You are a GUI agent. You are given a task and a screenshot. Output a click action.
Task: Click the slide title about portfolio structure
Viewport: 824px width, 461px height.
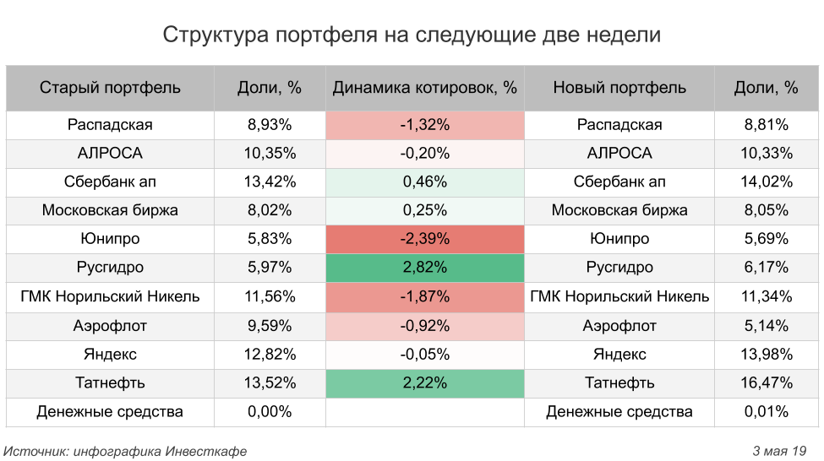click(412, 35)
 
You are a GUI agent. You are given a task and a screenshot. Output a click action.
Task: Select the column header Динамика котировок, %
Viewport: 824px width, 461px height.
click(424, 88)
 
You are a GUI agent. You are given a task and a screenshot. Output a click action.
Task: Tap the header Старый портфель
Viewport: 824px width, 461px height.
click(110, 88)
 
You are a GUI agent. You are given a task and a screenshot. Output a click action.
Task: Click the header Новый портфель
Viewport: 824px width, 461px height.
click(619, 88)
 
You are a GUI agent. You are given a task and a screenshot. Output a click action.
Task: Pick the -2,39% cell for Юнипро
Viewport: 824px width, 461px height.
click(424, 239)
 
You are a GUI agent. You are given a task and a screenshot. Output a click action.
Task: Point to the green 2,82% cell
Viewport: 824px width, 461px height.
click(424, 268)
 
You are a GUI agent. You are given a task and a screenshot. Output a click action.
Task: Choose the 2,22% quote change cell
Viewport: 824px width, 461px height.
click(424, 382)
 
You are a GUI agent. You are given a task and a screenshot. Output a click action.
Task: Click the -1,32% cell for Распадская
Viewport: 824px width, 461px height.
click(424, 125)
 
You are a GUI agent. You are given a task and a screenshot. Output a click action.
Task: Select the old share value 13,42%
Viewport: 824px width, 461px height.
click(270, 182)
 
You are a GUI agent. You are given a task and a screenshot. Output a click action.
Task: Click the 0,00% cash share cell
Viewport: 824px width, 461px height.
click(270, 412)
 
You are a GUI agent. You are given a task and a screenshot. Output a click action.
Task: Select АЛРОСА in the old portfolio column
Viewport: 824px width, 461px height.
click(110, 154)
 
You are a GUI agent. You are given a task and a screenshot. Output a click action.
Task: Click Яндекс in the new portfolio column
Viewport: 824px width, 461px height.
click(619, 354)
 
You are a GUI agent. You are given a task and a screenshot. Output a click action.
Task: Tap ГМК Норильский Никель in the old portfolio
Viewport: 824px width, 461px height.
click(110, 296)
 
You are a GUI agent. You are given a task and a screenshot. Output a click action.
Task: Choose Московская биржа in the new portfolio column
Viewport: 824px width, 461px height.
click(619, 210)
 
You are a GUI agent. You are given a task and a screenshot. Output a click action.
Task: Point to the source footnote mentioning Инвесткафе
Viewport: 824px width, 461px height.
click(126, 451)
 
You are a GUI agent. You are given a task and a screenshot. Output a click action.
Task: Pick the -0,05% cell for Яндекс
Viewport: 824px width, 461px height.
click(424, 354)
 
